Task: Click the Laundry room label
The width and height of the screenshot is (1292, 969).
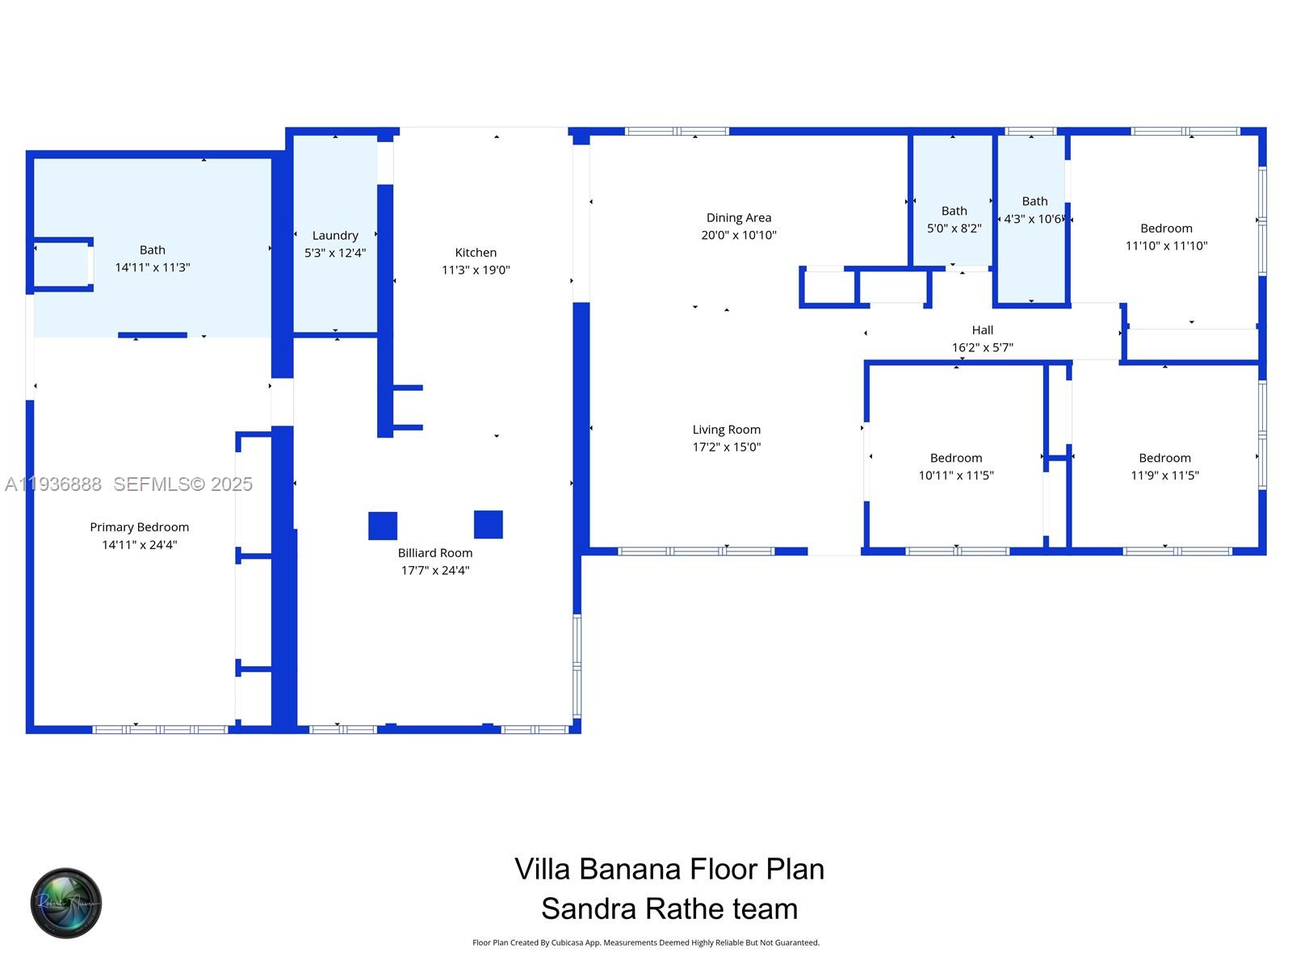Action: [x=335, y=236]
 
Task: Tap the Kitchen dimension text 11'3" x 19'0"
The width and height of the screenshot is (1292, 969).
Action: [x=476, y=271]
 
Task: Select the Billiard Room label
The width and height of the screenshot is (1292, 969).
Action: [x=434, y=553]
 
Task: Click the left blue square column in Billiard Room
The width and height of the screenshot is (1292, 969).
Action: [x=383, y=526]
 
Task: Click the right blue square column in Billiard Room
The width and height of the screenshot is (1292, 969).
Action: [x=489, y=525]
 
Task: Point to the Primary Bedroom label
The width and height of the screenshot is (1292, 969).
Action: [x=139, y=527]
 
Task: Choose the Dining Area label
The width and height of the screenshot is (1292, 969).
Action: [x=738, y=218]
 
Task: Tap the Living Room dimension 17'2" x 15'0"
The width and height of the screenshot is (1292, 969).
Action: [x=726, y=447]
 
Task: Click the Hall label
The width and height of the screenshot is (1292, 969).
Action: [x=982, y=330]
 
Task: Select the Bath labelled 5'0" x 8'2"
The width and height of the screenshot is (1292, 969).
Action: [x=954, y=212]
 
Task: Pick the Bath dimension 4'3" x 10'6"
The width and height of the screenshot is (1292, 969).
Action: [x=1032, y=220]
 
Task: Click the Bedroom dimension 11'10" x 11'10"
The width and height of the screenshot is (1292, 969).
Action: [x=1166, y=246]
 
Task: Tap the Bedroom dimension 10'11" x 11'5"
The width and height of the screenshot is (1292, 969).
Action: [x=955, y=476]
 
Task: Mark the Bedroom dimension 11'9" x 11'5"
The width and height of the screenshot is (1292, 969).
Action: [x=1164, y=476]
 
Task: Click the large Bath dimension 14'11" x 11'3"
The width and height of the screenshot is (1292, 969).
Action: [x=152, y=267]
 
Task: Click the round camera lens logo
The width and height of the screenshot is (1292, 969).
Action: [x=66, y=904]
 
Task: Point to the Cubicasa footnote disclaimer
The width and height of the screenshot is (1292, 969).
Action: [x=645, y=942]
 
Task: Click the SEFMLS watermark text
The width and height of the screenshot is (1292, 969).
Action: [x=182, y=484]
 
